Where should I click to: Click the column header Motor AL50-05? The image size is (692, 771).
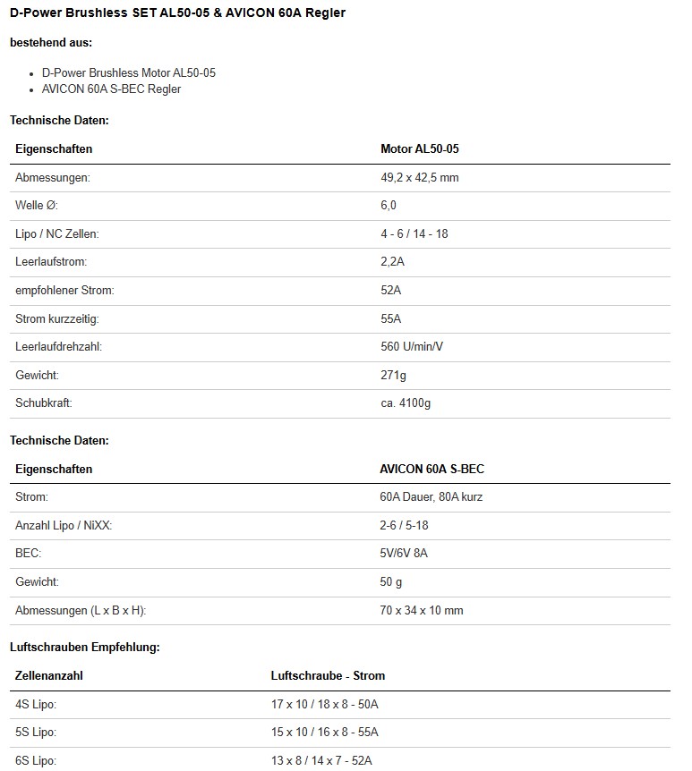419,149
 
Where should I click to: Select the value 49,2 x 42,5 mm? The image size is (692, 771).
419,178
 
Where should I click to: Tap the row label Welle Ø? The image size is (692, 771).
37,206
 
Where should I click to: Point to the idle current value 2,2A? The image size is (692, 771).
392,262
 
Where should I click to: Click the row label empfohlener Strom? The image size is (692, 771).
64,291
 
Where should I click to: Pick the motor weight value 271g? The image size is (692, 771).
393,375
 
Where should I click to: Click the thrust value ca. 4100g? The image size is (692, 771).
406,403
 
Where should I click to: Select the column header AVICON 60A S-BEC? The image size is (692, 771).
432,469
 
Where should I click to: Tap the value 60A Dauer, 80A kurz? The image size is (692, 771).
431,496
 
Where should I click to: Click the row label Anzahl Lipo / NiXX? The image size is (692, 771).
64,525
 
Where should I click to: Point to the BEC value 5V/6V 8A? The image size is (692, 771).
404,554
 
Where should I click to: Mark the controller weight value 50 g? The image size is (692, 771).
391,582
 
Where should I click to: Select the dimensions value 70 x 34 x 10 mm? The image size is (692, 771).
422,611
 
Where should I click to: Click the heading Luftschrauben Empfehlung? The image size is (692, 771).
85,647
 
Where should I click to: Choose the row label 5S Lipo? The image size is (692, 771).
36,733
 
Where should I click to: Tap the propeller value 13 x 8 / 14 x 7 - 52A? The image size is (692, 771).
321,761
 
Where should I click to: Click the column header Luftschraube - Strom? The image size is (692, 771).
328,675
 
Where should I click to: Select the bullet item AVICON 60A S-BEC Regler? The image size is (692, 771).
111,89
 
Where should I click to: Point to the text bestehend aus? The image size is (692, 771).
51,42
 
